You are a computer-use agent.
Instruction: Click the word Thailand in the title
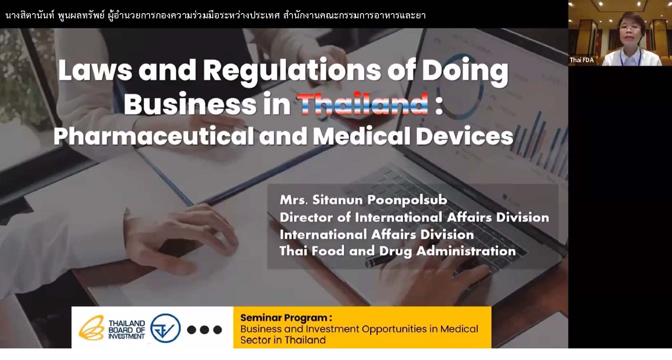[362, 104]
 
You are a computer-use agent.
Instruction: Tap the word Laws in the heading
[95, 70]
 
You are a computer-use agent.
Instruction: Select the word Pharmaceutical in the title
[153, 136]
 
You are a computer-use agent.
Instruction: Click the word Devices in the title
[464, 136]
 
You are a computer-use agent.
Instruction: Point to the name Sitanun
[337, 200]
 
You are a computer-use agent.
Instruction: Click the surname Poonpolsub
[407, 200]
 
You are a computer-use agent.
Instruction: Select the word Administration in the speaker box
[466, 251]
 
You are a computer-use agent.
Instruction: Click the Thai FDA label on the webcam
[582, 60]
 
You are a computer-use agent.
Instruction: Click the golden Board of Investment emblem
[92, 328]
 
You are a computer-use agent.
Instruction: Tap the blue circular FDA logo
[165, 328]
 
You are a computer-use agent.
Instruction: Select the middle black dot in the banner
[204, 330]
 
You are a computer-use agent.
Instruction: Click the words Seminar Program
[286, 318]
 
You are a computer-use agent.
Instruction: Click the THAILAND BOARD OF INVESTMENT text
[126, 330]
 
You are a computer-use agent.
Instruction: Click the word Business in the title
[190, 104]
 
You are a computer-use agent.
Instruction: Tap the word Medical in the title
[362, 136]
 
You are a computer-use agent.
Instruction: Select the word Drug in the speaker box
[395, 251]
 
